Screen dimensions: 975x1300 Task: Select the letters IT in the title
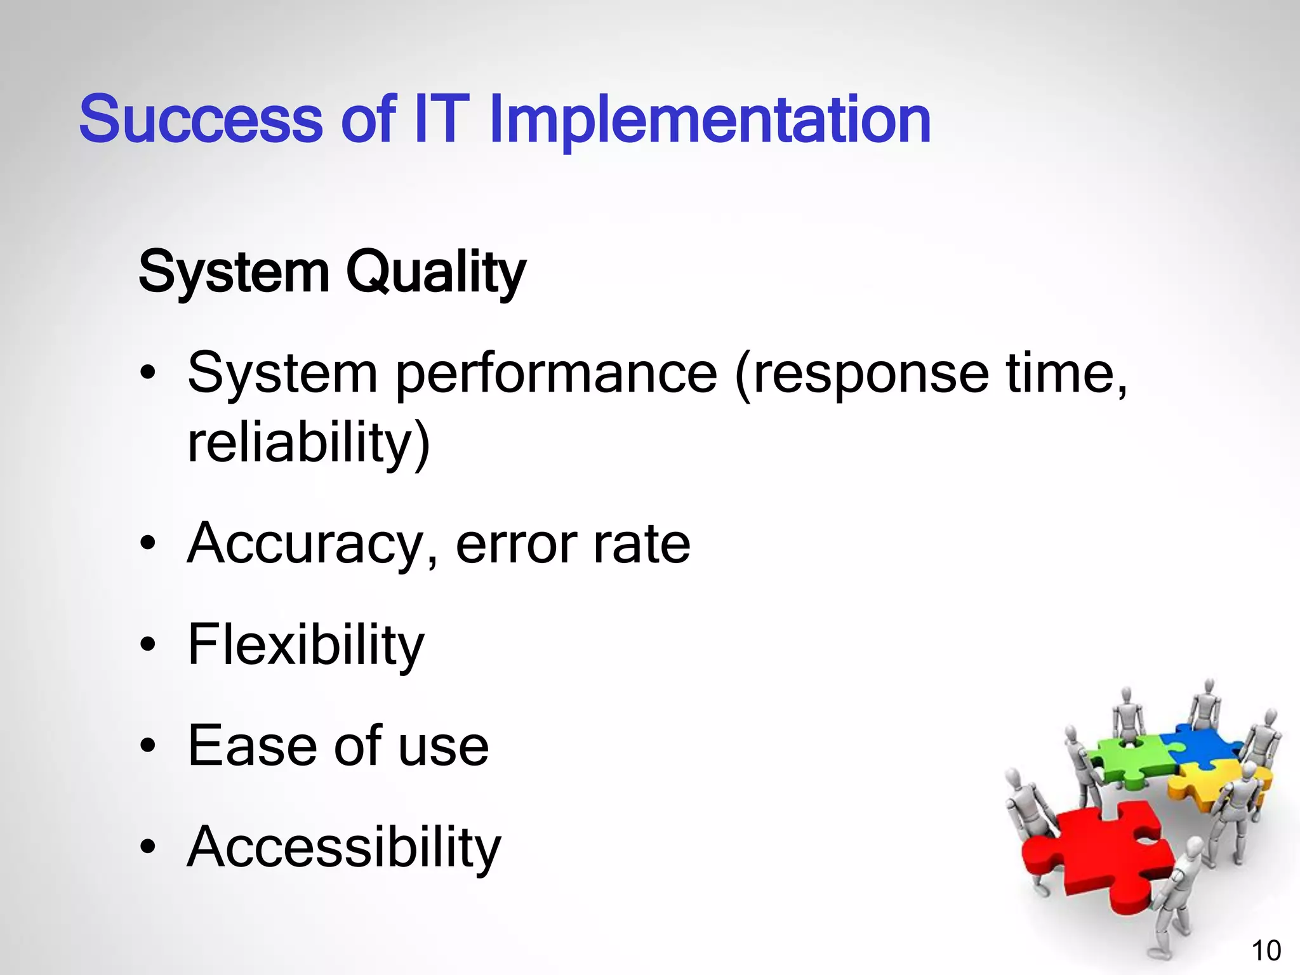point(441,119)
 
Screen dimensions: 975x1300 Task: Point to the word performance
point(556,375)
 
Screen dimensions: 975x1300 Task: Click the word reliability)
point(308,442)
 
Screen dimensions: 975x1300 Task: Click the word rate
point(641,545)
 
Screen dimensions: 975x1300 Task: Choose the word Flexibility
point(305,645)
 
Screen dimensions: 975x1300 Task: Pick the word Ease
point(251,746)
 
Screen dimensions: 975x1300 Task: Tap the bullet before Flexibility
point(148,646)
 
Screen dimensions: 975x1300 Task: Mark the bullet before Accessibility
point(148,847)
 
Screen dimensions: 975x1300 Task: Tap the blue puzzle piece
point(1200,743)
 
